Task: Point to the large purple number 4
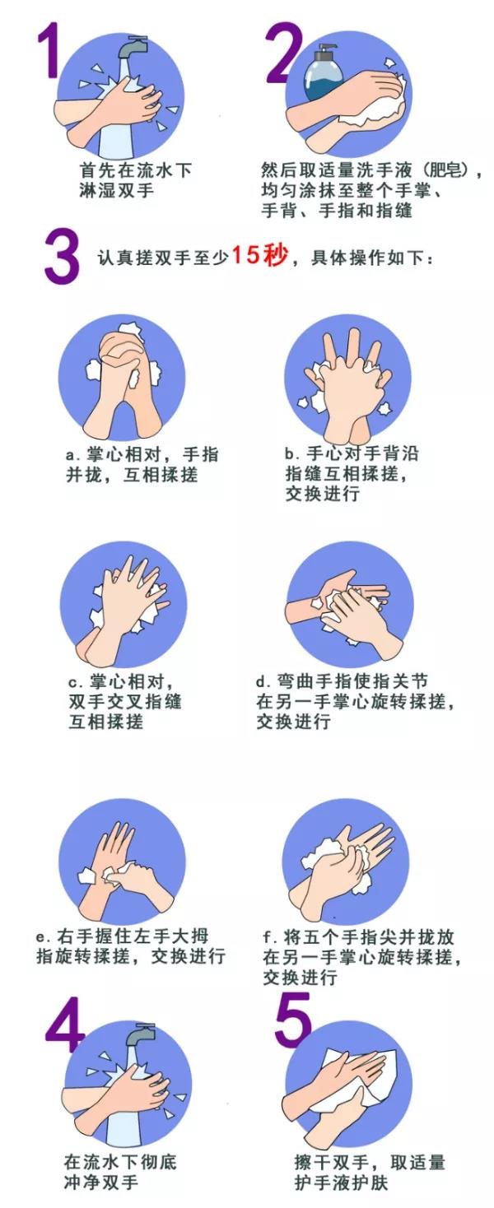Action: click(66, 1034)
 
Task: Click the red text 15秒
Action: click(259, 255)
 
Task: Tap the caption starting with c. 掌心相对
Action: click(123, 702)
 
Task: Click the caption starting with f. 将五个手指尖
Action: click(361, 957)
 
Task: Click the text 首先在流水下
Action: click(135, 170)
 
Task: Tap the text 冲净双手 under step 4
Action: click(101, 1182)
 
